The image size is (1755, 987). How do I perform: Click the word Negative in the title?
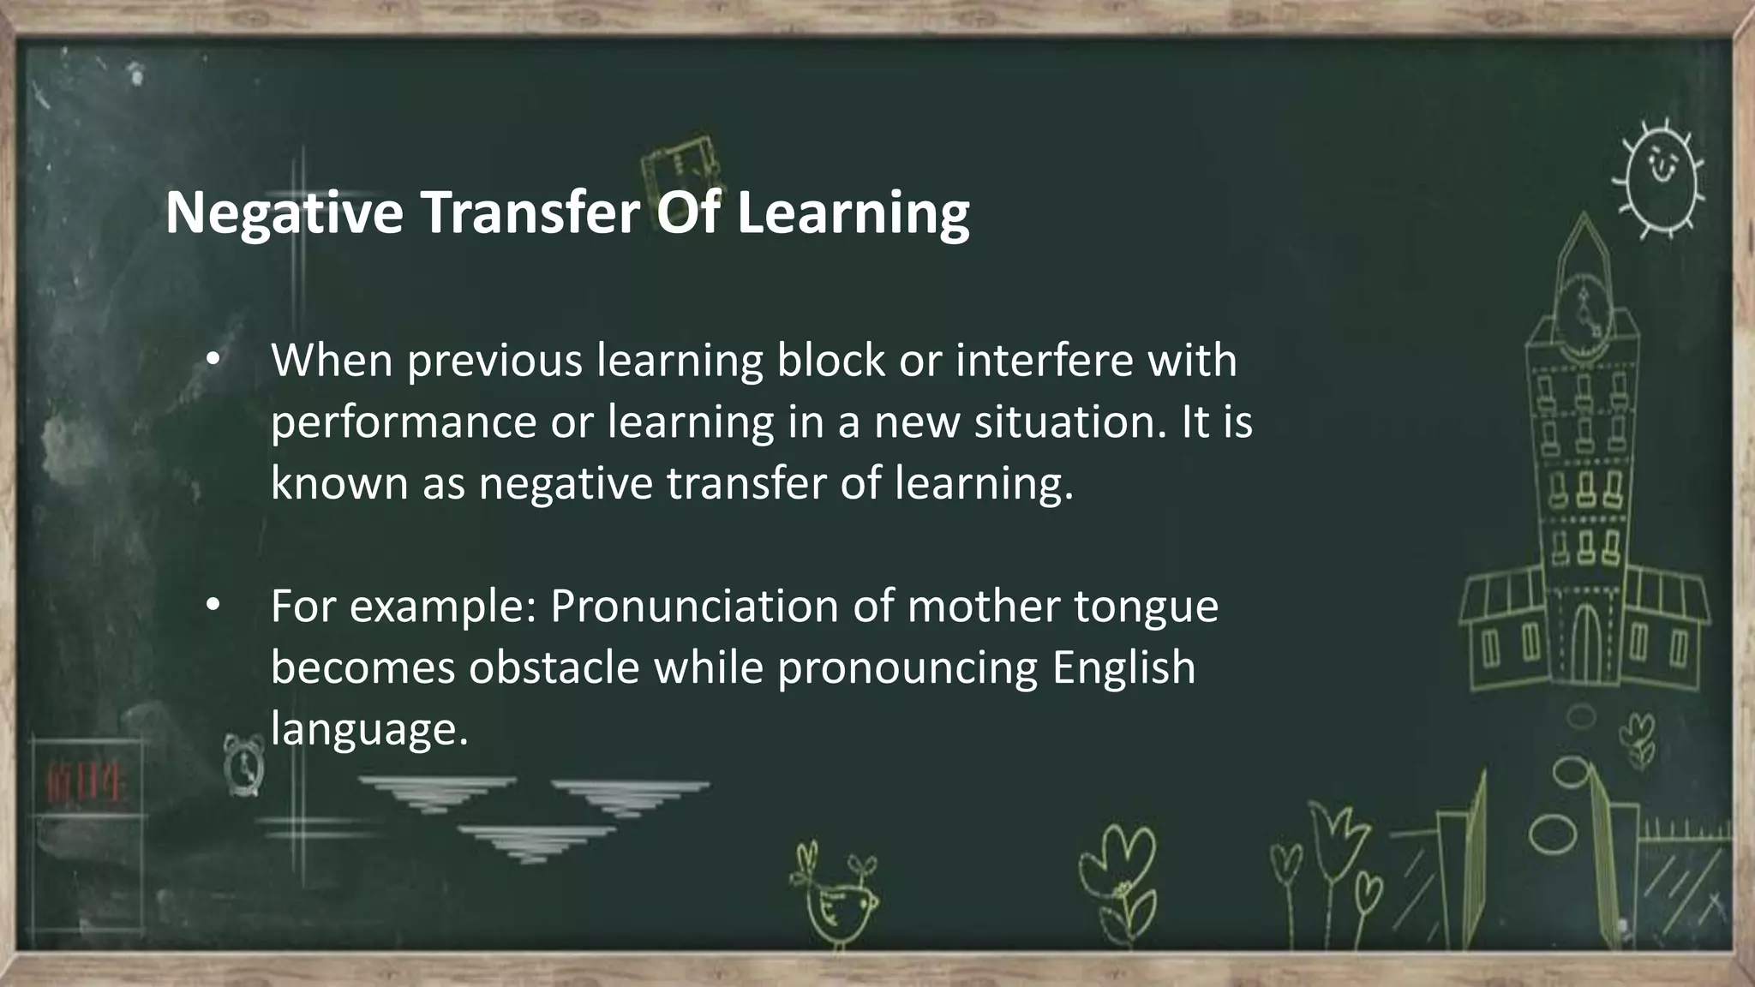point(284,213)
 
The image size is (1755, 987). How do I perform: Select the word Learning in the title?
point(852,213)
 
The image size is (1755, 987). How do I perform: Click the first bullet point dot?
point(213,360)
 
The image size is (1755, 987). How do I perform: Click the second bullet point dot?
point(213,606)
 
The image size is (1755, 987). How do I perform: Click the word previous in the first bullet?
point(494,362)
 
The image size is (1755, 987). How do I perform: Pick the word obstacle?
point(554,667)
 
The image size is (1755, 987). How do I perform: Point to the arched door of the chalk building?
point(1585,643)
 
